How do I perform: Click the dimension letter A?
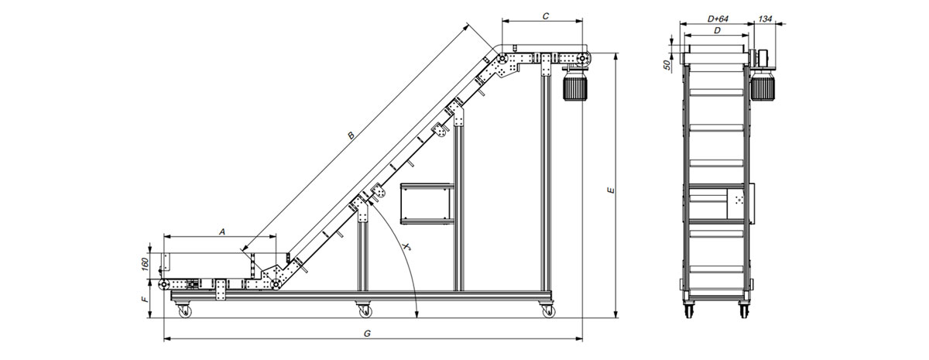tap(222, 231)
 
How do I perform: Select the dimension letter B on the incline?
tap(351, 135)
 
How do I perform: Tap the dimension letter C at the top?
tap(546, 16)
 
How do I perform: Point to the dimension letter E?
tap(611, 190)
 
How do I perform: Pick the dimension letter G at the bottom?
tap(367, 333)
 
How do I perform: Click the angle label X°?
tap(407, 246)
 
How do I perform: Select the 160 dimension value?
tap(144, 264)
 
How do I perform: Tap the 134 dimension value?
tap(765, 19)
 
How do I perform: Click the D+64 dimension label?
tap(718, 19)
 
